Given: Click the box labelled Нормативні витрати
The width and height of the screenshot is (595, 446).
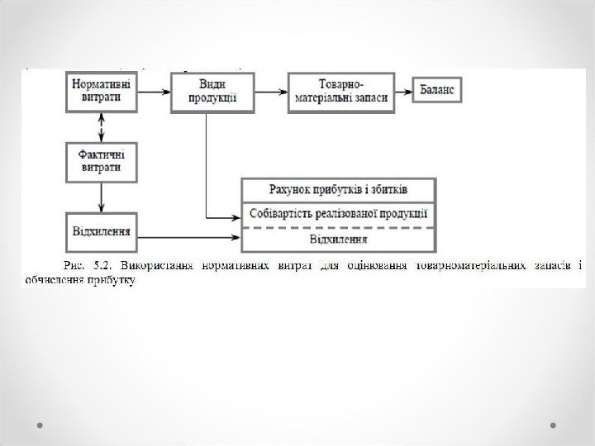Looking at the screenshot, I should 101,90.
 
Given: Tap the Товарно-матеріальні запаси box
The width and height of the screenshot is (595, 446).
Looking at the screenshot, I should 340,90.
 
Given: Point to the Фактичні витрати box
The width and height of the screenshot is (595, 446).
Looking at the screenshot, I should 101,160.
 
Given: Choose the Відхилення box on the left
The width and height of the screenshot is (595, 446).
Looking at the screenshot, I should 101,225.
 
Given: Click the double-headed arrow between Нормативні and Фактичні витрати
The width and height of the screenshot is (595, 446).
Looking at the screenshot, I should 101,126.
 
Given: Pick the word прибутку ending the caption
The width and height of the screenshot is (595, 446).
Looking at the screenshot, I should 117,280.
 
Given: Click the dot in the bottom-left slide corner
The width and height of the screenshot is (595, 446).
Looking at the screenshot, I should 40,425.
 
